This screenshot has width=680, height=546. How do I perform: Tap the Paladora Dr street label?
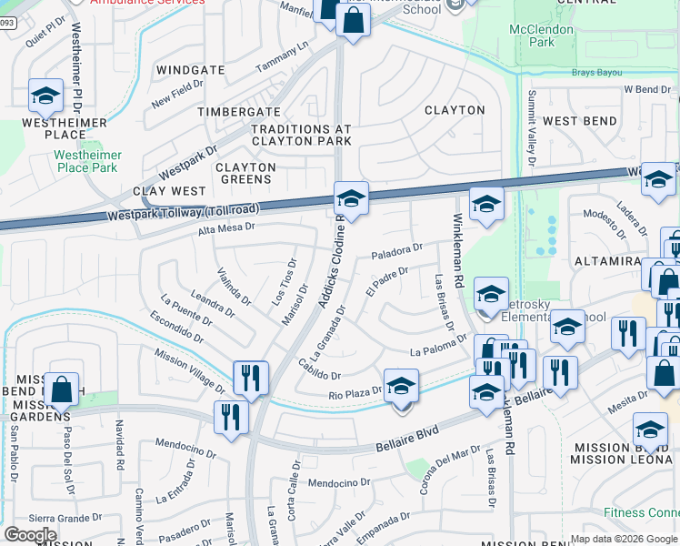[397, 248]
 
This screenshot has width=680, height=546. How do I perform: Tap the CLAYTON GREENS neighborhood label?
[245, 173]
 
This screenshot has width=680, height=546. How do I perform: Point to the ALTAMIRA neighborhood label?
[609, 260]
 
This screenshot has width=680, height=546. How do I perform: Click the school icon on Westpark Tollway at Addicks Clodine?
[351, 197]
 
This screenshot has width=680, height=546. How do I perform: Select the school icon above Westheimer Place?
[45, 94]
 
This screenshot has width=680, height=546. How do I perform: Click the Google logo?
[30, 534]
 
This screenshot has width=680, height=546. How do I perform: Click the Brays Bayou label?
[595, 72]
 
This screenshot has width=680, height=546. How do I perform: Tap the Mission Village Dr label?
[189, 372]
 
